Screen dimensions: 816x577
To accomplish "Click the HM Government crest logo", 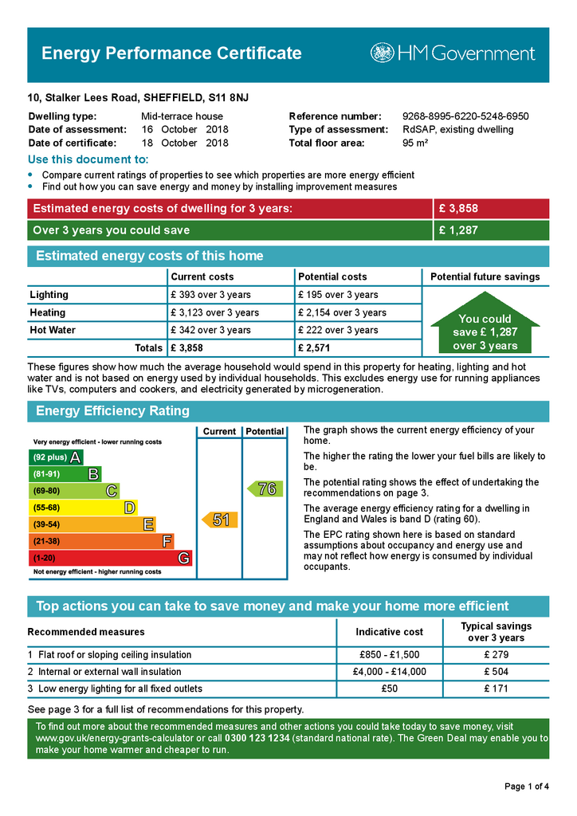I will pos(382,53).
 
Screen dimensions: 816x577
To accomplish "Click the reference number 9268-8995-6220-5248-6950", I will pos(465,116).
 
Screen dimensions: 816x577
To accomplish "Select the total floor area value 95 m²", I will pos(415,143).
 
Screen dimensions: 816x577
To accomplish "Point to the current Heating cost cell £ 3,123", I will pos(214,312).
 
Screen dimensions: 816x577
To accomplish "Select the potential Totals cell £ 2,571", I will pos(314,348).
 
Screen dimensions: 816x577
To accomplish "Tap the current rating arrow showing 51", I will pos(218,520).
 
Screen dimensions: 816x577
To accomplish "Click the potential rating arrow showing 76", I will pos(264,488).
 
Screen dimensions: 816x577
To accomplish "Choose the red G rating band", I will pos(110,559).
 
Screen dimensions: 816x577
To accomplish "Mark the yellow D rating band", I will pos(83,508).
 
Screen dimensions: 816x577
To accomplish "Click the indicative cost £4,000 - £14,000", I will pos(389,672).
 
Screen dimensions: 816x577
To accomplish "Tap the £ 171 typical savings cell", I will pos(496,688).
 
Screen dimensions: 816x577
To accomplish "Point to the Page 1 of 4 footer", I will pos(527,787).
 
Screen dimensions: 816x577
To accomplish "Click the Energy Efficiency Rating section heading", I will pos(112,411).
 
